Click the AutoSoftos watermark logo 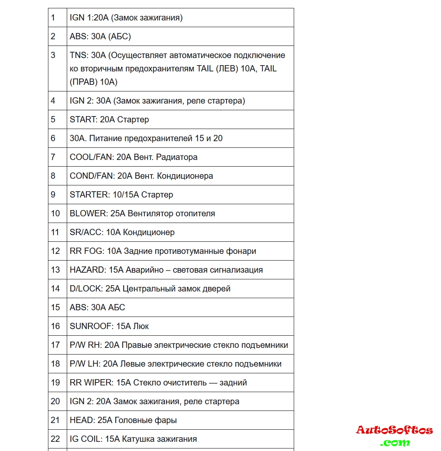tap(394, 435)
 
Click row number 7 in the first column tap(53, 157)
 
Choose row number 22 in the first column tap(55, 439)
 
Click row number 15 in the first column tap(55, 307)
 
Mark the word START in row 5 tap(83, 119)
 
